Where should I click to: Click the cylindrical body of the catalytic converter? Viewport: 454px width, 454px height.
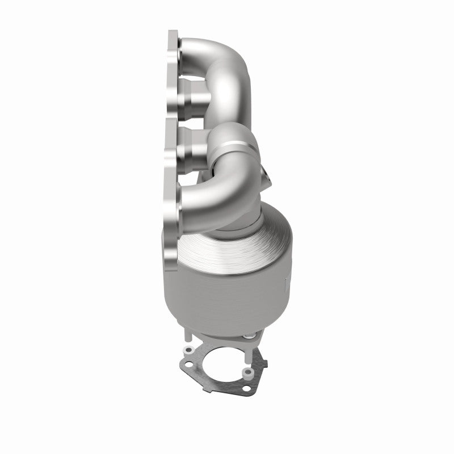click(227, 284)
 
